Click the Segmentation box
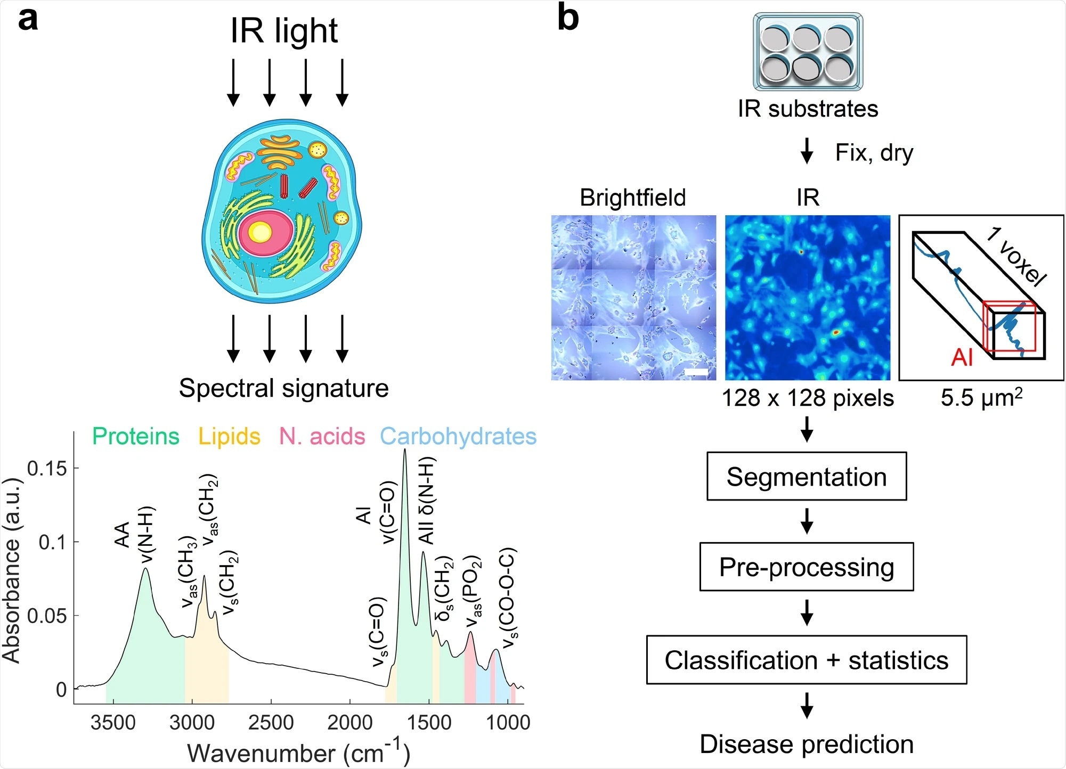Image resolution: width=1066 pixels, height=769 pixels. click(806, 476)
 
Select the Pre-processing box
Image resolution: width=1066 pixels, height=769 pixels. click(806, 567)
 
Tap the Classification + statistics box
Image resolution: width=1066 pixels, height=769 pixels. click(806, 660)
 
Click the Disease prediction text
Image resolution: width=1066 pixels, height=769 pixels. click(806, 744)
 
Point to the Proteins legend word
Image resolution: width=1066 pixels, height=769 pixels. click(136, 436)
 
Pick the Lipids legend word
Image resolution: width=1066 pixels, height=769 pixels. click(229, 436)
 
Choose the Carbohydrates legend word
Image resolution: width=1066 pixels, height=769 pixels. click(458, 436)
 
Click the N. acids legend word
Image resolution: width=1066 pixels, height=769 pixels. click(322, 436)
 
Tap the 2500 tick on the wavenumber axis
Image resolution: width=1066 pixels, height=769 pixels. click(271, 723)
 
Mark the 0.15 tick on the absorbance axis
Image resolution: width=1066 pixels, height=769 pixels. click(47, 469)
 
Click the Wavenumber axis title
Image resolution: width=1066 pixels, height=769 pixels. click(298, 752)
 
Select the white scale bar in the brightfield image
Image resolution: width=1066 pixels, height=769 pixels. click(696, 371)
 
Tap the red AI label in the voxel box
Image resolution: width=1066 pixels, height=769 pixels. click(962, 357)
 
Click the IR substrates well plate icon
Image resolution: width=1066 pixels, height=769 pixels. click(808, 52)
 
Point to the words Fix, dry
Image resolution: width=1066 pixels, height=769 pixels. click(874, 153)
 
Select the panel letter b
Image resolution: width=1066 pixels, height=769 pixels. click(568, 19)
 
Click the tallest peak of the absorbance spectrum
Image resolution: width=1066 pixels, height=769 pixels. click(404, 451)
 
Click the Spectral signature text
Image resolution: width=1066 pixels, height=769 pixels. click(283, 388)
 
